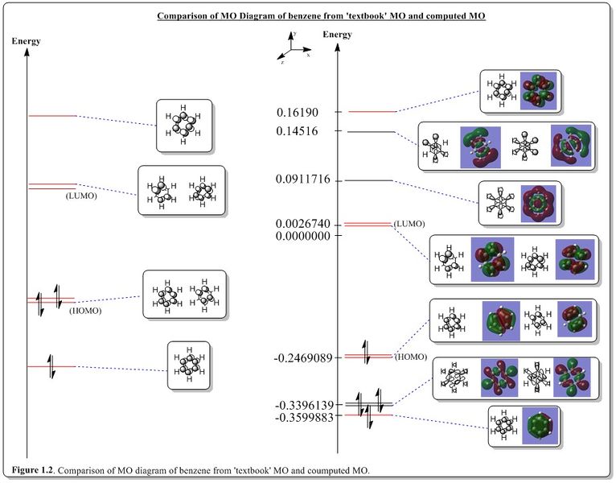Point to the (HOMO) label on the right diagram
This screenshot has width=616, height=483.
pyautogui.click(x=411, y=356)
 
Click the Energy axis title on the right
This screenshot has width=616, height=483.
pyautogui.click(x=337, y=35)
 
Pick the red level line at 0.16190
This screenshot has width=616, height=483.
pyautogui.click(x=372, y=112)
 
